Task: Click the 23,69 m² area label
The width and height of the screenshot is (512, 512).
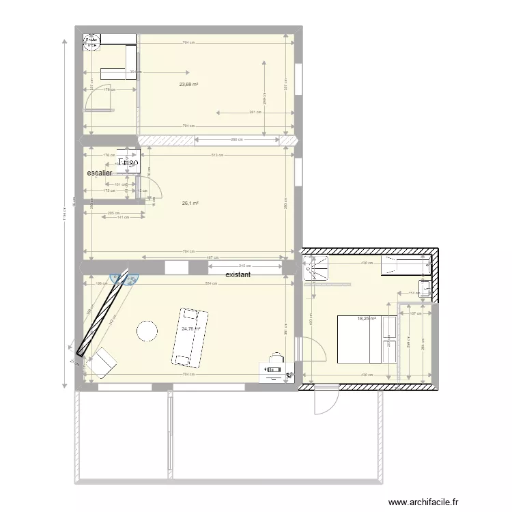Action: pyautogui.click(x=188, y=85)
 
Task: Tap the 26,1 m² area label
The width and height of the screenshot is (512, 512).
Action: pyautogui.click(x=190, y=203)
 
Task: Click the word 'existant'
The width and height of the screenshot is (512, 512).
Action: pyautogui.click(x=238, y=274)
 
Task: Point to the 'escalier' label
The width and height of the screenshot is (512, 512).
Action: pyautogui.click(x=100, y=173)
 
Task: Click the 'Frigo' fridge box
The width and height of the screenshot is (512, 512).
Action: pyautogui.click(x=128, y=162)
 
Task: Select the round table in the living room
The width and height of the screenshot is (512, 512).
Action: pyautogui.click(x=147, y=331)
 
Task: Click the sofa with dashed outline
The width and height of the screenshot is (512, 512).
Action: pyautogui.click(x=188, y=337)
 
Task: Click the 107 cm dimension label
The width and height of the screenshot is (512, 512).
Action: pyautogui.click(x=415, y=313)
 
